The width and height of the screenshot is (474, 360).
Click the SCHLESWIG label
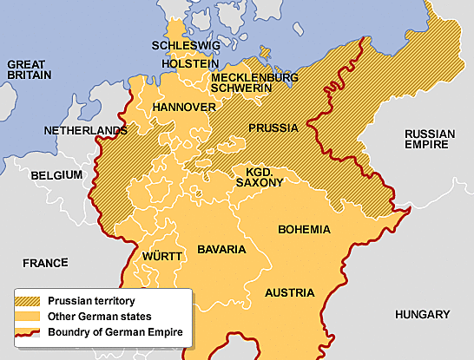pyautogui.click(x=185, y=45)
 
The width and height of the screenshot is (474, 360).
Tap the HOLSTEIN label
pyautogui.click(x=190, y=64)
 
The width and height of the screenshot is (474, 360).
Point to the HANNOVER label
pyautogui.click(x=183, y=107)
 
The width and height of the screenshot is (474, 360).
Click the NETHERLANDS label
pyautogui.click(x=85, y=132)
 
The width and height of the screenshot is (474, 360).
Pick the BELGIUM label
pyautogui.click(x=56, y=175)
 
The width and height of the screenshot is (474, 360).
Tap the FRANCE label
pyautogui.click(x=45, y=262)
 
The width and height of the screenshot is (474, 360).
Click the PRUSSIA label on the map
pyautogui.click(x=273, y=128)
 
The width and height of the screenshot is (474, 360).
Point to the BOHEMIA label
pyautogui.click(x=304, y=230)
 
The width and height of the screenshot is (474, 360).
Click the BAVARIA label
pyautogui.click(x=221, y=249)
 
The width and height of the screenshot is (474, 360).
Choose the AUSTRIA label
pyautogui.click(x=290, y=292)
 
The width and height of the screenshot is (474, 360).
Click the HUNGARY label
pyautogui.click(x=422, y=314)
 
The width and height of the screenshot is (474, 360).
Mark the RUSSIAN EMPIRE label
pyautogui.click(x=430, y=140)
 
